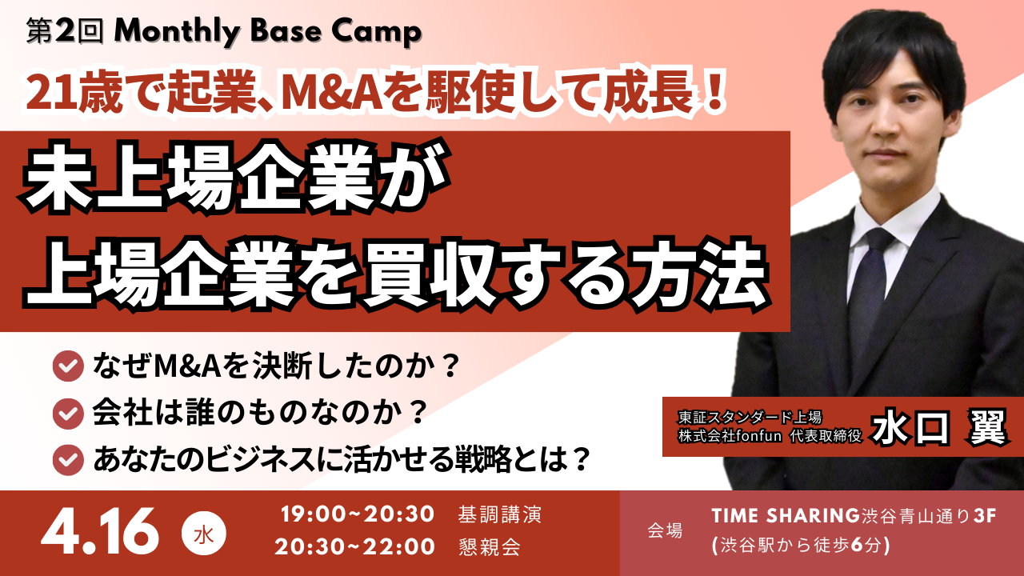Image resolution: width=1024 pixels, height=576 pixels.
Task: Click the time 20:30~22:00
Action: tap(355, 547)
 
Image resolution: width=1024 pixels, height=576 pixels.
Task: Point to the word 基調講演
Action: tap(500, 514)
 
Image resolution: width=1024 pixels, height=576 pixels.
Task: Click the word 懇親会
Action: tap(490, 547)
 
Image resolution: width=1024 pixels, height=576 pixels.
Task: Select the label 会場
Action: tap(664, 530)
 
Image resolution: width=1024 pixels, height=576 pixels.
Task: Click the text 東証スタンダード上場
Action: tap(746, 417)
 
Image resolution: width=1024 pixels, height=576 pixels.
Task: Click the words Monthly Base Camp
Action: tap(267, 32)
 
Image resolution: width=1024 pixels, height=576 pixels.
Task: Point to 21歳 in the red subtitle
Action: tap(62, 94)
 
